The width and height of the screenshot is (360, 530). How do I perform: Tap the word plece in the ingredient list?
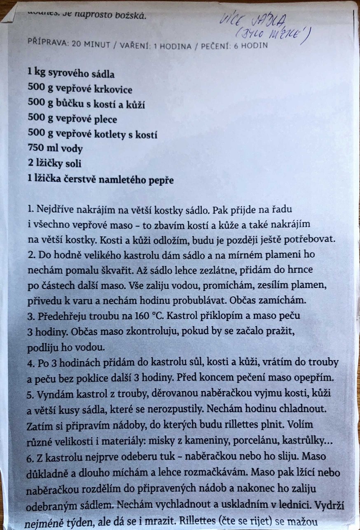pyautogui.click(x=103, y=120)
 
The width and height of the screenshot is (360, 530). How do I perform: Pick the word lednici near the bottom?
pyautogui.click(x=293, y=506)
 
